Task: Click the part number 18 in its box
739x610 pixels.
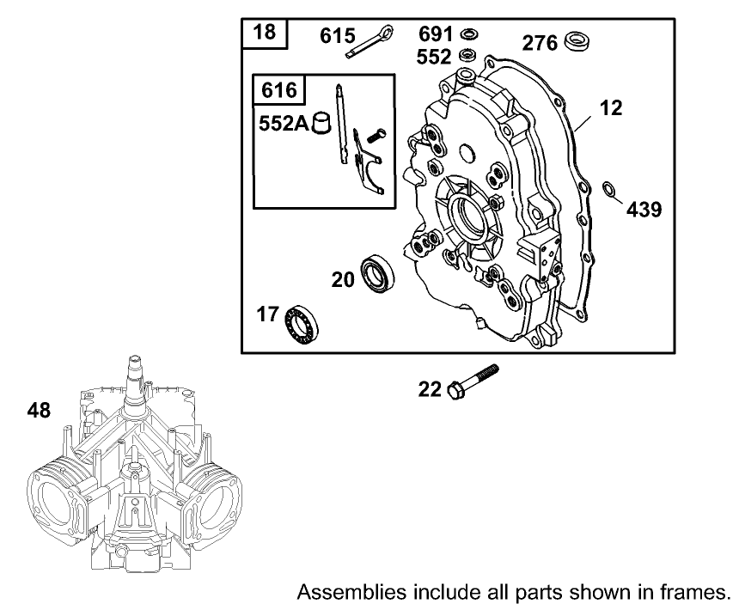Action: [x=266, y=34]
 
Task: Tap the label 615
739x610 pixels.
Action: [x=338, y=36]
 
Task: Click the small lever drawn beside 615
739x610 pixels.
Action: [x=370, y=43]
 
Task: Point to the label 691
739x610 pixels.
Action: [x=436, y=34]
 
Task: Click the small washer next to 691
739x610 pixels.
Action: [x=469, y=35]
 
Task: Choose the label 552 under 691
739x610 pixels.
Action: [x=436, y=56]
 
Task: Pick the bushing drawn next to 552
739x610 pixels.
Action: [x=469, y=57]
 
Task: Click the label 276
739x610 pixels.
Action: [x=541, y=40]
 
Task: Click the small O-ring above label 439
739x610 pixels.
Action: [x=608, y=189]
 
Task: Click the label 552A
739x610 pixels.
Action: [x=283, y=123]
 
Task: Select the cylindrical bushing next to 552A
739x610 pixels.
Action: [x=321, y=122]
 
